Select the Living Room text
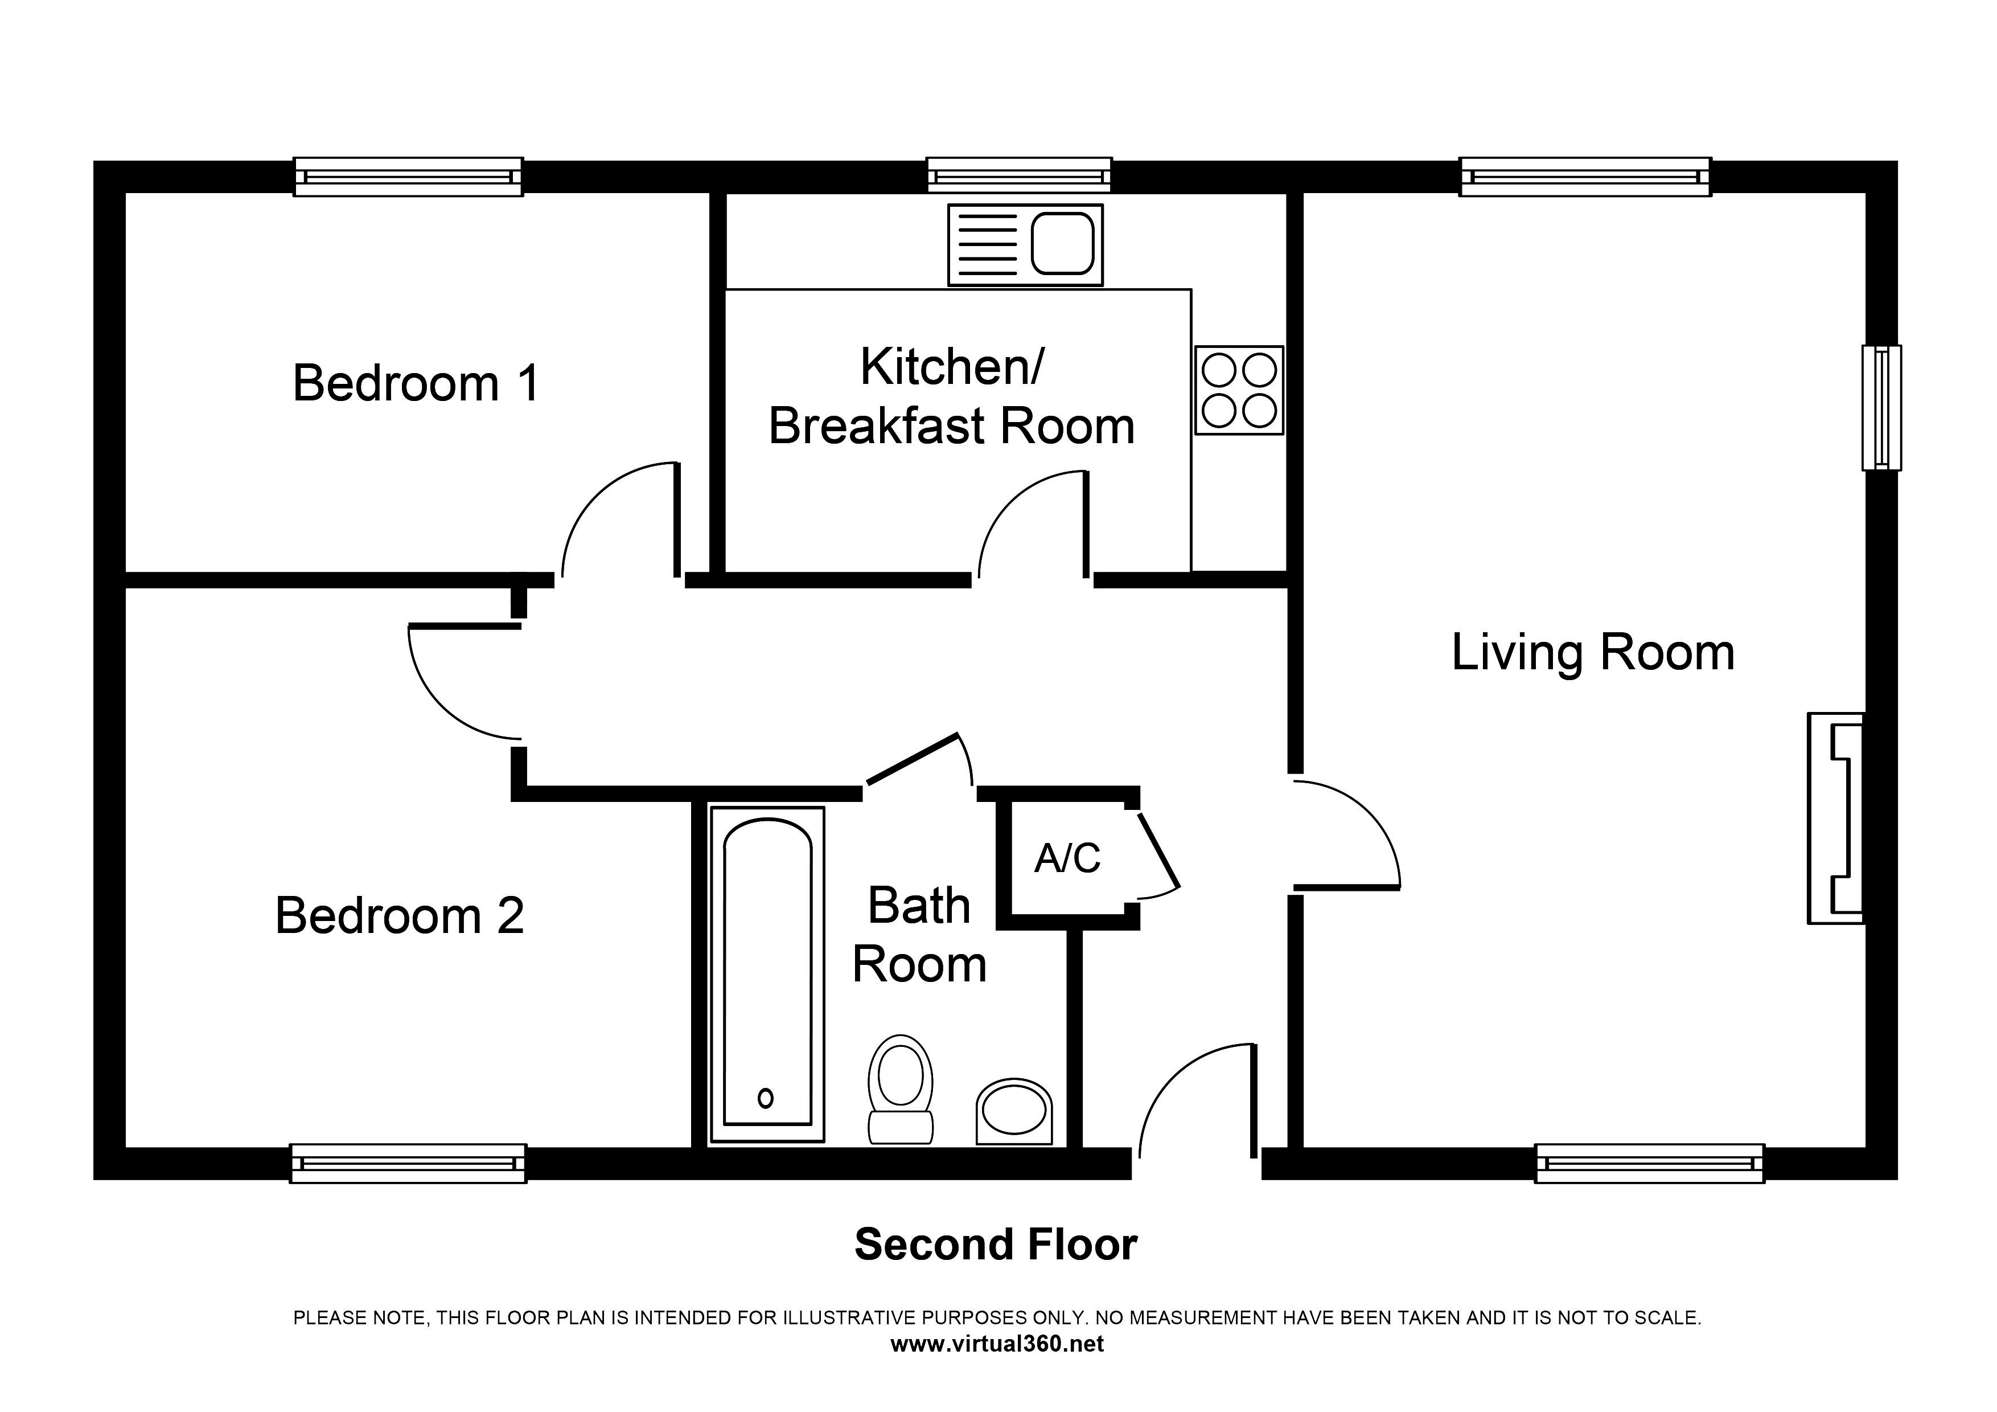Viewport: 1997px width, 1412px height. (1593, 653)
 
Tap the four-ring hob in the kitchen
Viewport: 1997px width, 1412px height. (1239, 390)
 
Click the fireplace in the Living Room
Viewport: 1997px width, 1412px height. (1835, 818)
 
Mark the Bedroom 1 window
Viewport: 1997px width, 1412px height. (408, 177)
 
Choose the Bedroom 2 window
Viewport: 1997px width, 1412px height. (408, 1163)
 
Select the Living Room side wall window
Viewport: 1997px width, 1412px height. (1881, 407)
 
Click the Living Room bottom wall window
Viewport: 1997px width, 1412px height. (1649, 1163)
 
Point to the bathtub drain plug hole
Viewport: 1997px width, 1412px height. (766, 1099)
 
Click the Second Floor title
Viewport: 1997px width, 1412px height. (996, 1245)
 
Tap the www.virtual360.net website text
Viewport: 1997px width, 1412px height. (997, 1344)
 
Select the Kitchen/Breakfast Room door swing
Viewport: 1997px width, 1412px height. (1033, 524)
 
